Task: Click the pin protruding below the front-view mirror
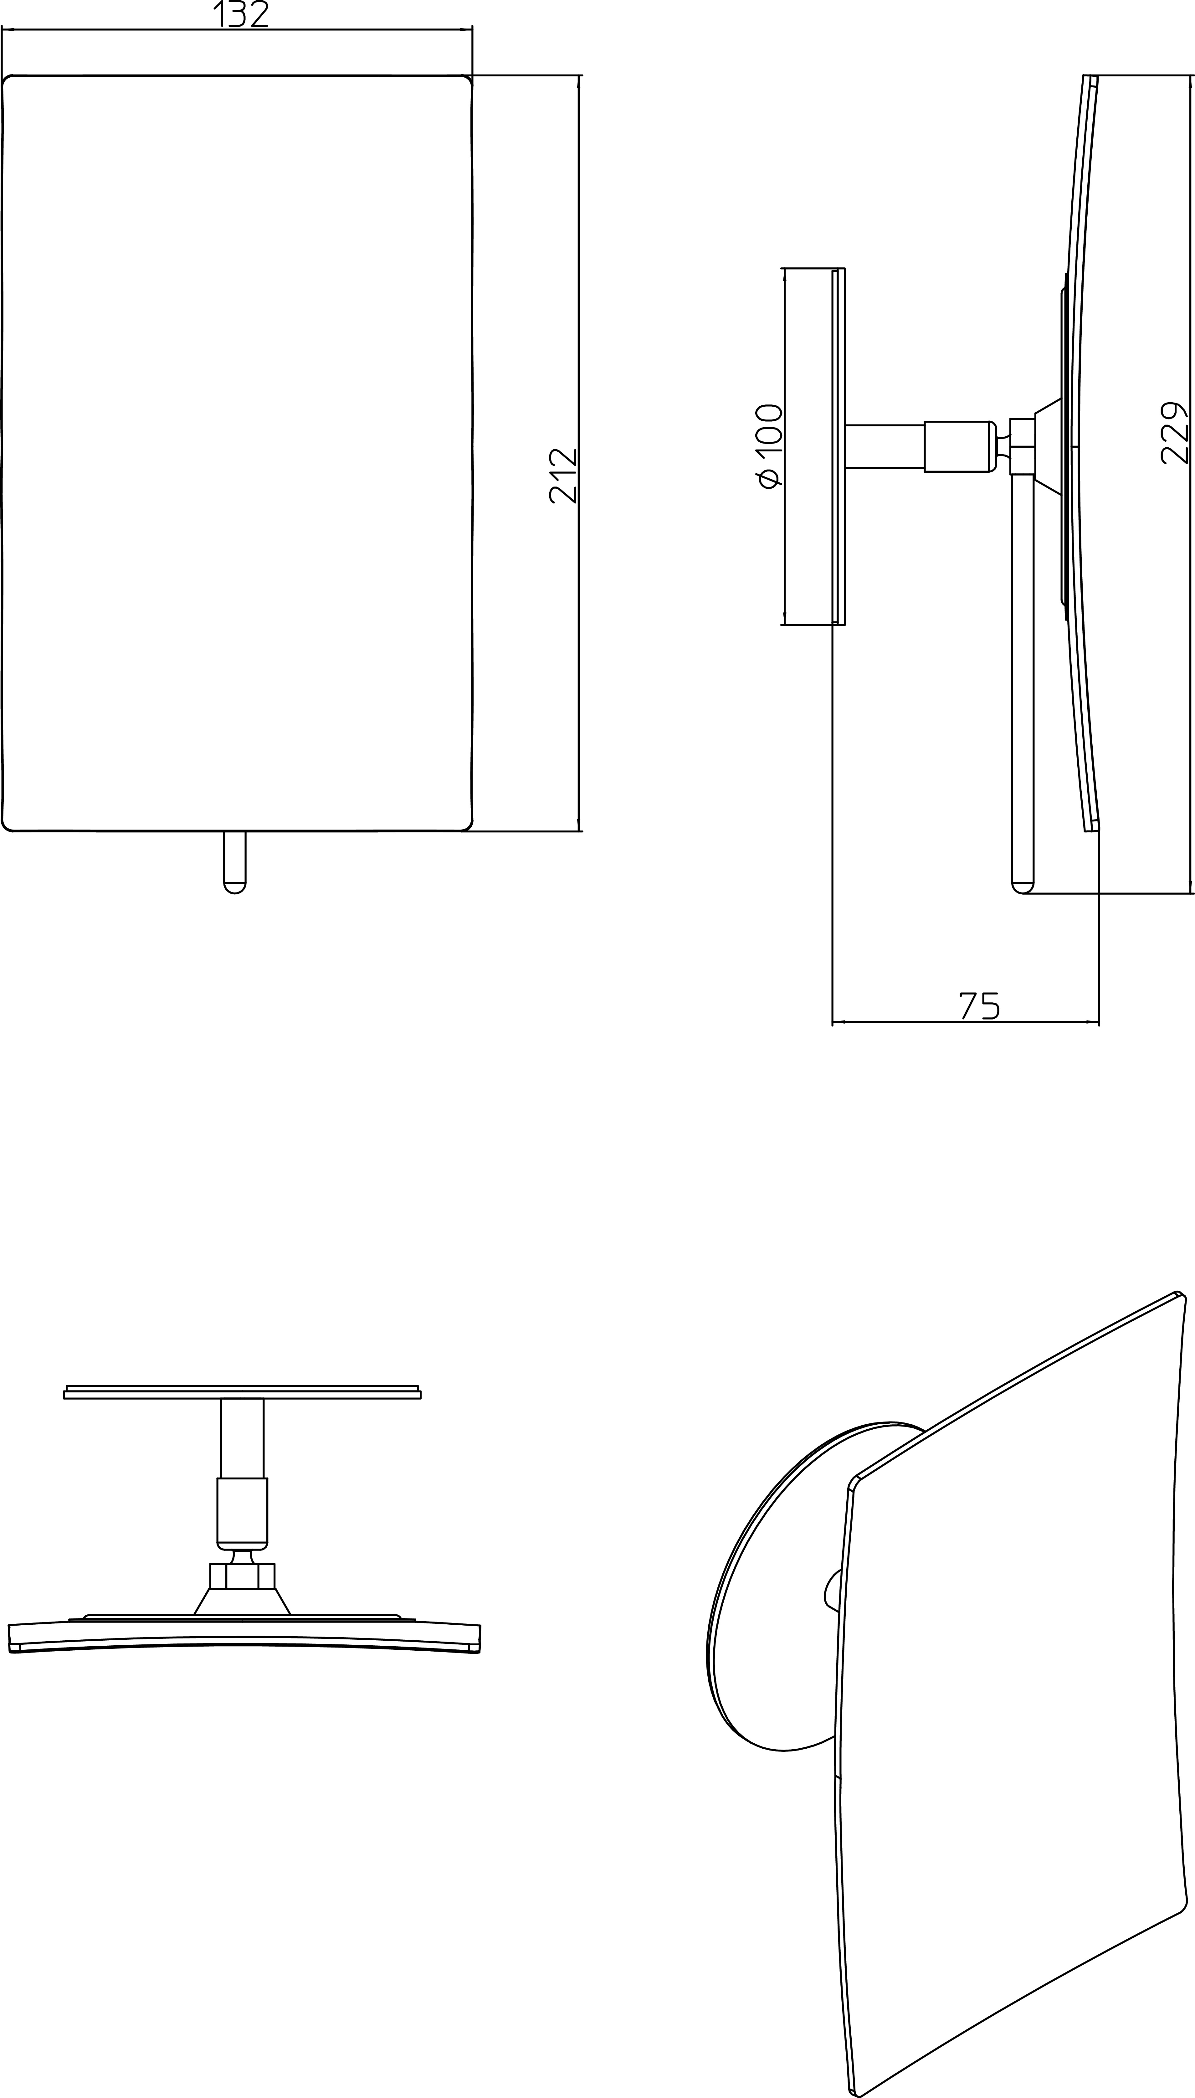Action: (235, 862)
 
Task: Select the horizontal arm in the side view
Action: (885, 446)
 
